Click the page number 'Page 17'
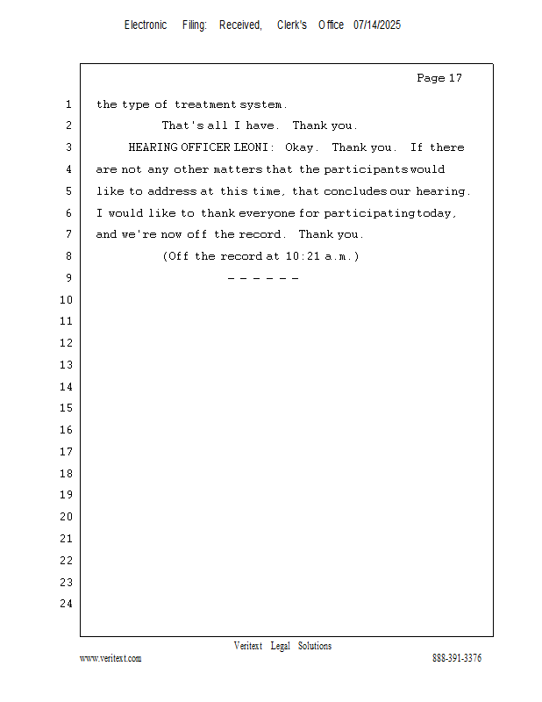point(439,78)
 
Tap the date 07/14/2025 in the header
point(377,25)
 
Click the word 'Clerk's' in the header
point(292,25)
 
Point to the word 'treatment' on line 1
point(205,104)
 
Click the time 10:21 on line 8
point(303,256)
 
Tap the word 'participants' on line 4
point(366,169)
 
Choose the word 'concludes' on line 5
point(355,191)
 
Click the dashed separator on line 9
point(263,278)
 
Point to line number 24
point(67,604)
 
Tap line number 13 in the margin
point(67,365)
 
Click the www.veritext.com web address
point(111,658)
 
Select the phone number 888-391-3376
point(457,657)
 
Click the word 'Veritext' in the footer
point(248,646)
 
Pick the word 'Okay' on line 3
point(299,147)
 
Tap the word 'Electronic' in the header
point(146,25)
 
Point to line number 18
point(67,474)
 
